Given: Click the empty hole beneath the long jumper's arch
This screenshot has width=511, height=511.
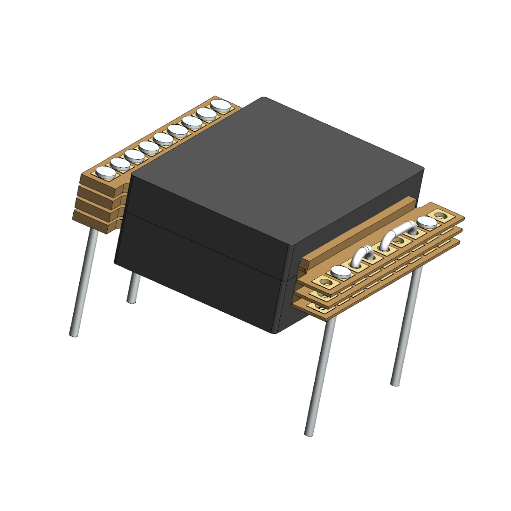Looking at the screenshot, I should [x=399, y=241].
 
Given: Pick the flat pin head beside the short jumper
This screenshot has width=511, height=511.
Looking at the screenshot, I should [x=341, y=271].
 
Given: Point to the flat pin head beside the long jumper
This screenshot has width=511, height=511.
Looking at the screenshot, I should [x=426, y=222].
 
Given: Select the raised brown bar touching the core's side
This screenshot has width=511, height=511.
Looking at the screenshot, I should [x=358, y=232].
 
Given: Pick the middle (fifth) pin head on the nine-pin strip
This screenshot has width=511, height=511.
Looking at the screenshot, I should [x=164, y=138].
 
